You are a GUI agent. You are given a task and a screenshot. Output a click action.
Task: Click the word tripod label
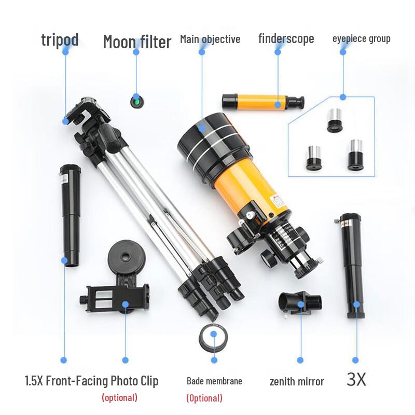click(60, 39)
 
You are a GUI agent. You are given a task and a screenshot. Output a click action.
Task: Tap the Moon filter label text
click(136, 41)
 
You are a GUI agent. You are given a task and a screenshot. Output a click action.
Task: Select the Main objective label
click(210, 39)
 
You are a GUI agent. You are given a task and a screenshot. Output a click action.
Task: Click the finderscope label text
click(286, 39)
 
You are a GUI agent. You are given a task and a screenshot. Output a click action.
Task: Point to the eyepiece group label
click(361, 39)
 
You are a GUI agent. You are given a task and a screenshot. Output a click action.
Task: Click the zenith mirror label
click(297, 382)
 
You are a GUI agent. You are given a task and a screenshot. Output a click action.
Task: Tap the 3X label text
click(356, 380)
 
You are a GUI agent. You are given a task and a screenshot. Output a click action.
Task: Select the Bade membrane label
click(214, 381)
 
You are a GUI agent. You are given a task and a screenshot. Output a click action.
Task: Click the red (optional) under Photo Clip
click(119, 398)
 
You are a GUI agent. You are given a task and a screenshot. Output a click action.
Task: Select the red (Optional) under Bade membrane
click(204, 398)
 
